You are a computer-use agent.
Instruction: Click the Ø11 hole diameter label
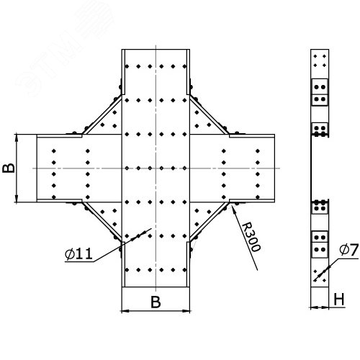click(78, 254)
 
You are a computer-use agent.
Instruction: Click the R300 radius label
click(251, 237)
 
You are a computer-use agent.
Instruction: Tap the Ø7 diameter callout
click(349, 250)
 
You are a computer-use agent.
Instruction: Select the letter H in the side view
click(339, 300)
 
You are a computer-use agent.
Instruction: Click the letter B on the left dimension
click(9, 168)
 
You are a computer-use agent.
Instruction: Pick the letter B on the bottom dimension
click(156, 302)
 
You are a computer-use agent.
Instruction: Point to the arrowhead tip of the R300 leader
click(232, 206)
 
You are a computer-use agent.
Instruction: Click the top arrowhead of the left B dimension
click(17, 135)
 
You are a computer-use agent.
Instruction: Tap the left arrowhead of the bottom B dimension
click(122, 311)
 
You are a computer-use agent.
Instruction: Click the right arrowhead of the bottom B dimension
click(189, 311)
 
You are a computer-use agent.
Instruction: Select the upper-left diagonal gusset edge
click(102, 114)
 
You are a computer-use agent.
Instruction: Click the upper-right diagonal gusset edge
click(210, 114)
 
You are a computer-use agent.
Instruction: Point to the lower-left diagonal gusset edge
click(102, 222)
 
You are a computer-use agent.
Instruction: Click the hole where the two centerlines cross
click(156, 168)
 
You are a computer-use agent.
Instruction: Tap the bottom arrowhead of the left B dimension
click(17, 202)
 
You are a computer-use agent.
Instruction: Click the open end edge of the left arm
click(37, 168)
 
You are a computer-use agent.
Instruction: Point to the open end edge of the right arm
click(274, 168)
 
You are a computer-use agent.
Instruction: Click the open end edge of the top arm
click(156, 50)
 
